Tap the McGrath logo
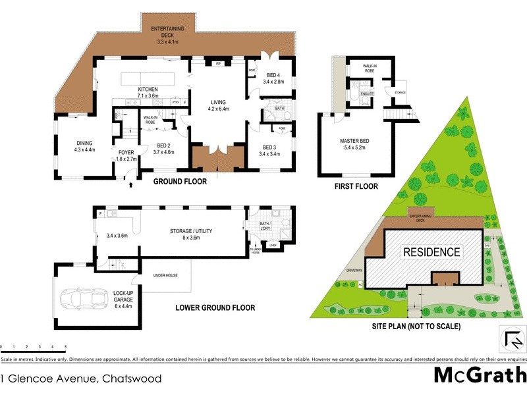[480, 375]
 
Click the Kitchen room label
[148, 93]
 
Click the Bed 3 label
[271, 151]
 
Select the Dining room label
[84, 146]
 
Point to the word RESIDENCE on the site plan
[431, 252]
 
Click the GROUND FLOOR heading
[180, 182]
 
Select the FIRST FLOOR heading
[356, 186]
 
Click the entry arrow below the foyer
[130, 185]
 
